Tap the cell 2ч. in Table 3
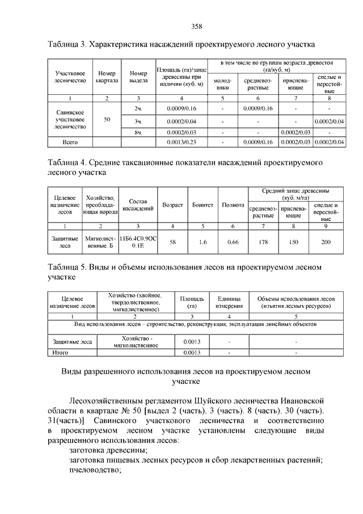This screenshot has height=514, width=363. click(x=138, y=108)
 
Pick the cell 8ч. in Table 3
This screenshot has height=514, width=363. click(x=138, y=132)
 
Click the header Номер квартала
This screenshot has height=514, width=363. click(x=107, y=77)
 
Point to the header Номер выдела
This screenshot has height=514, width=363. click(x=138, y=77)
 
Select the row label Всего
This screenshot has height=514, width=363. click(x=70, y=142)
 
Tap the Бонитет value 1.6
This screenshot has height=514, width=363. click(x=202, y=243)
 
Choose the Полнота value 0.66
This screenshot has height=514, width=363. click(x=232, y=243)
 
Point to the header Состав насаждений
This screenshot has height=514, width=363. click(x=138, y=205)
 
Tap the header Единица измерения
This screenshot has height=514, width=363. click(x=229, y=302)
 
